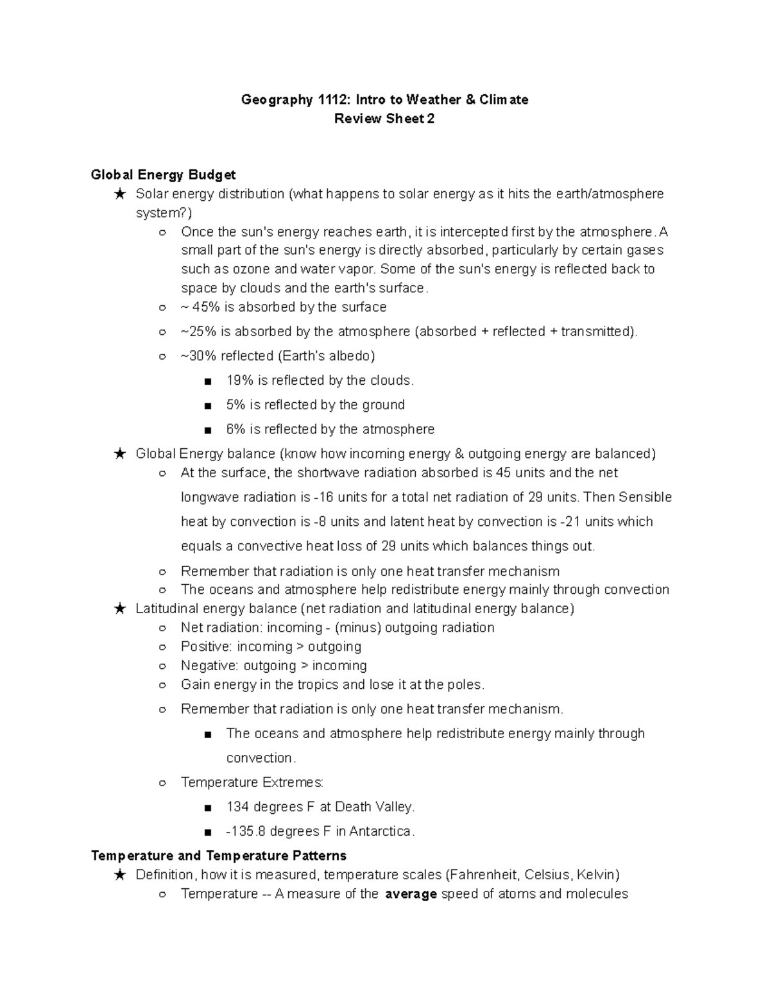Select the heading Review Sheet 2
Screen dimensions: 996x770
click(384, 119)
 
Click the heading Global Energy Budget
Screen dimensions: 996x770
click(163, 174)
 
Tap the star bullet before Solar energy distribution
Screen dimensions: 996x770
click(119, 194)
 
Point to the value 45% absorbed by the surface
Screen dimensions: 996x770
click(206, 307)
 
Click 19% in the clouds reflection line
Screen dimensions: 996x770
click(240, 380)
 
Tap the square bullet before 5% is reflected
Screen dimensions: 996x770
click(207, 406)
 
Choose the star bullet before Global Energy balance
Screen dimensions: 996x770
click(119, 454)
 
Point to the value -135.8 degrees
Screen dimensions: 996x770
click(246, 831)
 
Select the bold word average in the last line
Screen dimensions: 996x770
click(411, 894)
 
